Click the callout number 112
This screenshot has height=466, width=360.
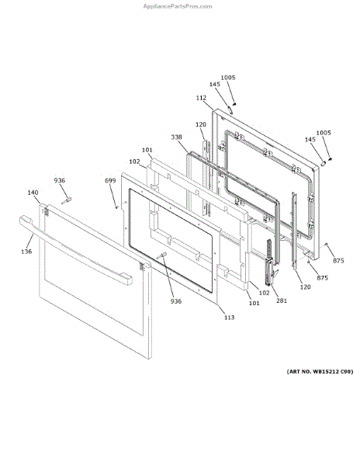point(201,98)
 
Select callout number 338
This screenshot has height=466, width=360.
point(176,137)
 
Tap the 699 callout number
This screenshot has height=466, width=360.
point(110,180)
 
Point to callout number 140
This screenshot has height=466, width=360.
point(33,193)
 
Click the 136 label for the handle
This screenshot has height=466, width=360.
point(26,252)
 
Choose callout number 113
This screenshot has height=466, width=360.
point(229,318)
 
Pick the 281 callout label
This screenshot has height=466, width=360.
point(282,301)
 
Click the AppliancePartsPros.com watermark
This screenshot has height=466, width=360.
point(178,6)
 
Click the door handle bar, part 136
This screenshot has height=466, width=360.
point(76,250)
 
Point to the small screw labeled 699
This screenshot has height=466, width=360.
point(116,207)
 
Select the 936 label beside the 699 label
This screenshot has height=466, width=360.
point(60,180)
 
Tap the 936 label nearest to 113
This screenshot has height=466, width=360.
point(175,301)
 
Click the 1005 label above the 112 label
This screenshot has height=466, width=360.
point(228,78)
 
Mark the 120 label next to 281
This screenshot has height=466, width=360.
point(305,287)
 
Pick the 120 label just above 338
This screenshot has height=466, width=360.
point(201,124)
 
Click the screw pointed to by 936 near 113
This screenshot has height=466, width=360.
point(162,256)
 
